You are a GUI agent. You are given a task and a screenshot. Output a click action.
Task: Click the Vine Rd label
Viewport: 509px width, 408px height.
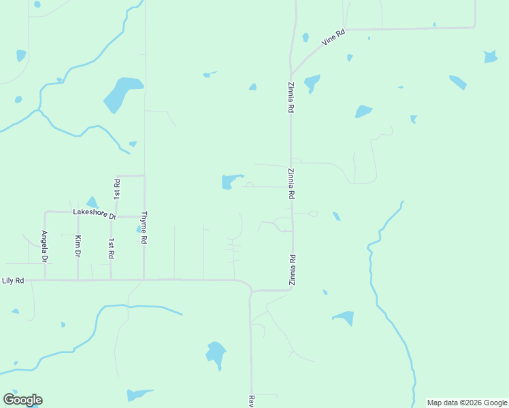pyautogui.click(x=334, y=37)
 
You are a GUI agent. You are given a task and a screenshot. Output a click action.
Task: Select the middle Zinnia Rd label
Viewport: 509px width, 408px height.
pyautogui.click(x=291, y=183)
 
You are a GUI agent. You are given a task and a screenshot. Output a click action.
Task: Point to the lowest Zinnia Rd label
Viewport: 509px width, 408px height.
pyautogui.click(x=292, y=269)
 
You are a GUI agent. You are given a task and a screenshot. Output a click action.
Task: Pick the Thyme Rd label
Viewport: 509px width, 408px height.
pyautogui.click(x=144, y=228)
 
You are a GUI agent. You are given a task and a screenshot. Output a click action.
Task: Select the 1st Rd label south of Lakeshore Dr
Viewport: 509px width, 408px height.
pyautogui.click(x=111, y=248)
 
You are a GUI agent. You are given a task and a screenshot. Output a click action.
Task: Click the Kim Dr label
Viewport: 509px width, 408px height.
pyautogui.click(x=78, y=245)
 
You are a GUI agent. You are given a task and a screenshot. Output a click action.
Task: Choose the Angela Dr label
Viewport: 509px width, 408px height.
pyautogui.click(x=44, y=246)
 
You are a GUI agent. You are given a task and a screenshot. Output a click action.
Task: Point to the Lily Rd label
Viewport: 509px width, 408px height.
pyautogui.click(x=13, y=280)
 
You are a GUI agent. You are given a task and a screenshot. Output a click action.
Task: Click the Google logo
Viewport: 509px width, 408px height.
pyautogui.click(x=22, y=400)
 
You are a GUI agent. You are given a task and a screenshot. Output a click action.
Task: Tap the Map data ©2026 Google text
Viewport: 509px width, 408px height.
pyautogui.click(x=467, y=403)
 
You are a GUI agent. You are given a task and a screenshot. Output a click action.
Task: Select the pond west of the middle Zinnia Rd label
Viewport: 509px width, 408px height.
pyautogui.click(x=230, y=182)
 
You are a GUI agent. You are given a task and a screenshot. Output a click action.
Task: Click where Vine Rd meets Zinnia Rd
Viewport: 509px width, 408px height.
pyautogui.click(x=291, y=75)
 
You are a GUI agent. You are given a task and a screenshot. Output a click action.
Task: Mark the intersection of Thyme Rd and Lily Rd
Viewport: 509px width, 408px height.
pyautogui.click(x=144, y=279)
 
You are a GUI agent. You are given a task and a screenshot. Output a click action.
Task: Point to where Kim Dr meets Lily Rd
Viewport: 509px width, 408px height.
pyautogui.click(x=78, y=279)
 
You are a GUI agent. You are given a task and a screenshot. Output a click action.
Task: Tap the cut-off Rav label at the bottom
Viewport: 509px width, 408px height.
pyautogui.click(x=250, y=401)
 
